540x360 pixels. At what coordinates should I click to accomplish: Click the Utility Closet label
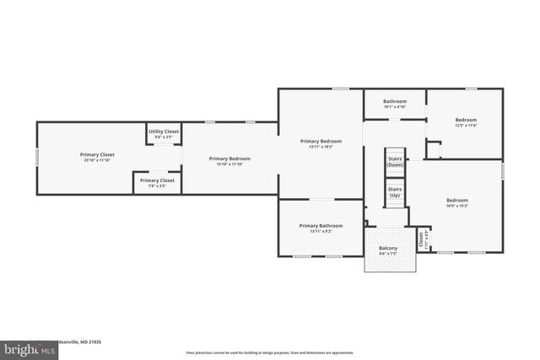click(164, 132)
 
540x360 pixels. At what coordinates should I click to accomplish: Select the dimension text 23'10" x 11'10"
click(97, 160)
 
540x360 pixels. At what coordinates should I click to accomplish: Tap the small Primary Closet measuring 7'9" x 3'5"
click(157, 180)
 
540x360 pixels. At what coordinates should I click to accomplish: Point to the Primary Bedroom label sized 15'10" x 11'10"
click(229, 159)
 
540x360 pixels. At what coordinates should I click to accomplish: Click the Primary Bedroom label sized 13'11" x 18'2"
click(321, 141)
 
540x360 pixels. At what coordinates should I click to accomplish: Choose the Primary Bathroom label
click(321, 225)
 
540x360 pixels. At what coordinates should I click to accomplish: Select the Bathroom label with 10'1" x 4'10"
click(395, 101)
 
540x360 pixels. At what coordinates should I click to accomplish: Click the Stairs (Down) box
click(395, 162)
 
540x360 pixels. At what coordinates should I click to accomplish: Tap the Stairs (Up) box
click(395, 193)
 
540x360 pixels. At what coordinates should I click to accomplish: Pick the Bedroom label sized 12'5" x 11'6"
click(466, 120)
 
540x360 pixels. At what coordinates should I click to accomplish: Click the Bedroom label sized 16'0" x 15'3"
click(457, 200)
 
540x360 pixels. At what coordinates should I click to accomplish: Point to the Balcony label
click(388, 248)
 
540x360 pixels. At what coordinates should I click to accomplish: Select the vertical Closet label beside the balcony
click(421, 239)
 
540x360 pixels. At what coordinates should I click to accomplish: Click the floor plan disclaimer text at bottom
click(270, 352)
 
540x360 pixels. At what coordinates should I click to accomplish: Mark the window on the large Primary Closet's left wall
click(36, 158)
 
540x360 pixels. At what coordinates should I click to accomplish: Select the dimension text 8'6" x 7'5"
click(388, 253)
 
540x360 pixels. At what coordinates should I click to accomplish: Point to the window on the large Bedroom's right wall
click(503, 171)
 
